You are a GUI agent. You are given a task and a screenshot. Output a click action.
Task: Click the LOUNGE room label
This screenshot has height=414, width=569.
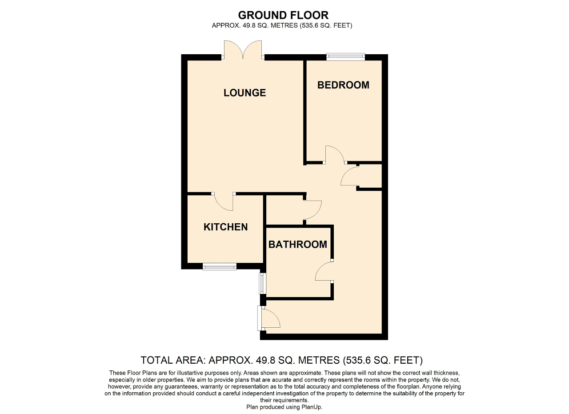(244, 93)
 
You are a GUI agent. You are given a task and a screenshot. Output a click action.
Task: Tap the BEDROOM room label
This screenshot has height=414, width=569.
(343, 85)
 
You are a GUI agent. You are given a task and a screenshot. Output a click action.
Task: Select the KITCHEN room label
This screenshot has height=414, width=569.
(225, 227)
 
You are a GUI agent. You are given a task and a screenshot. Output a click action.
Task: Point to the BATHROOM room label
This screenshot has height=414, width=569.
(298, 245)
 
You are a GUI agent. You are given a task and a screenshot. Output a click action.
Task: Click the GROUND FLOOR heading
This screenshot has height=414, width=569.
(283, 15)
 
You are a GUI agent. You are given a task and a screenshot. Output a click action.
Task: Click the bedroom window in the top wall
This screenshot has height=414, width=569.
(345, 56)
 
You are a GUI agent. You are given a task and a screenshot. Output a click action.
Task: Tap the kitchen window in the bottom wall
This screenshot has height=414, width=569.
(220, 267)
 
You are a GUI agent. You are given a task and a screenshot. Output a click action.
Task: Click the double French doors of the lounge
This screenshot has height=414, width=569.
(243, 50)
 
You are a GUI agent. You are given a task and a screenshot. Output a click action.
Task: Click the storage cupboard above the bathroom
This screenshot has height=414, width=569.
(284, 210)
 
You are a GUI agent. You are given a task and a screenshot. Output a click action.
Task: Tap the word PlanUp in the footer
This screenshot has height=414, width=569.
(312, 407)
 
